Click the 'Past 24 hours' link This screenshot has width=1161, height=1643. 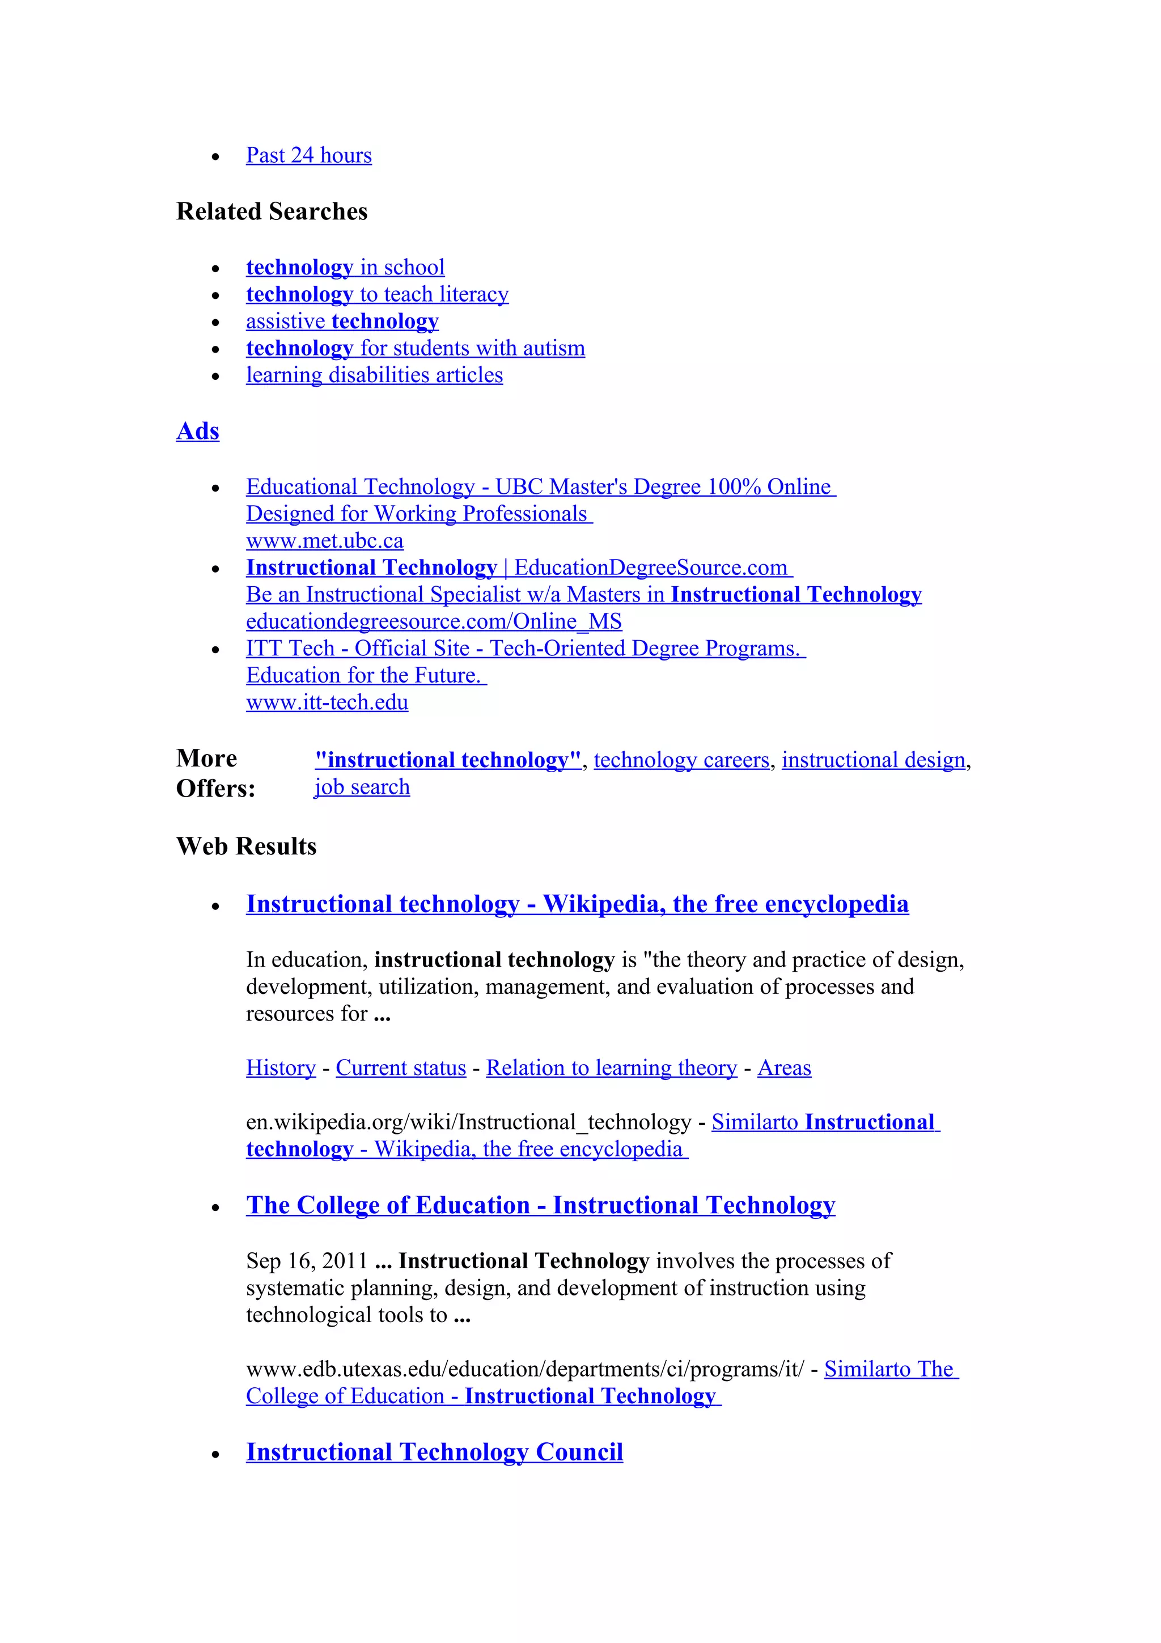(x=308, y=155)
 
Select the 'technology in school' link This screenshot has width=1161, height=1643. (x=345, y=268)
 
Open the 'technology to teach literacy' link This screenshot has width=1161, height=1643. (x=377, y=294)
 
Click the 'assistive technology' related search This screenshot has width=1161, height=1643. (x=342, y=321)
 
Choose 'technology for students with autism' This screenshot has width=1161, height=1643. (x=415, y=349)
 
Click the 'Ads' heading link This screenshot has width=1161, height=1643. (x=197, y=431)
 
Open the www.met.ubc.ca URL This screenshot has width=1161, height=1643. (x=324, y=541)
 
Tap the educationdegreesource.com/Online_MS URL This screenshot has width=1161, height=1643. (x=434, y=622)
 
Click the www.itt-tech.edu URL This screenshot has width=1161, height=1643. (x=327, y=702)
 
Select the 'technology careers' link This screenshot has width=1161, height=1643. (x=681, y=760)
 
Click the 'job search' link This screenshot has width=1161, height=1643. (x=362, y=787)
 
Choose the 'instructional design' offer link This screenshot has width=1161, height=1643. (x=872, y=760)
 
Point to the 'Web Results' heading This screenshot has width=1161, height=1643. (x=246, y=846)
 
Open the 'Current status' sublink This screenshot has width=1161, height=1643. (x=401, y=1068)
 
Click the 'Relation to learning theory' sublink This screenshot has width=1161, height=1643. (x=611, y=1068)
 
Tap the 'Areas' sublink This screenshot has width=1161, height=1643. (x=784, y=1068)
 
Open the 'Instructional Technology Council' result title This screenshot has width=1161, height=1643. (x=434, y=1452)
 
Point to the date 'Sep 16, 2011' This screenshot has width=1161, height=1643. (x=306, y=1261)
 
